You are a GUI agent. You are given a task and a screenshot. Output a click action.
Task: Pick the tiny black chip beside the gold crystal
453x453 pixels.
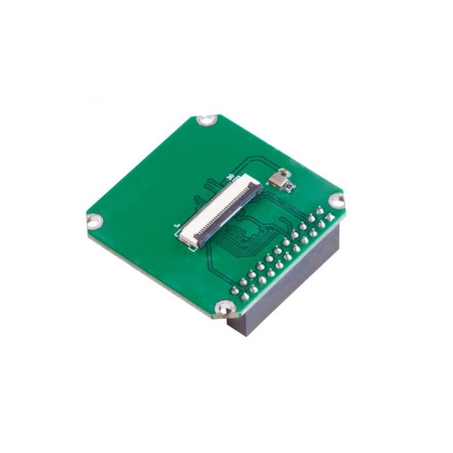[289, 186]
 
